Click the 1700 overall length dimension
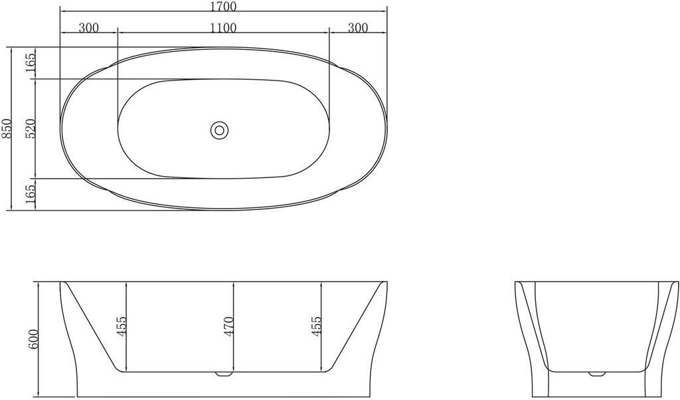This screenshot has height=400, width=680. [x=224, y=6]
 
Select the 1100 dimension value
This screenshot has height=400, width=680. [x=223, y=28]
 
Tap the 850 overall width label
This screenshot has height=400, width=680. [x=6, y=128]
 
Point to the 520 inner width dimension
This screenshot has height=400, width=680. [x=31, y=128]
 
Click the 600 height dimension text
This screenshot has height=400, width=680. [x=33, y=340]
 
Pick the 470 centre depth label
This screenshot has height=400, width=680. [x=228, y=326]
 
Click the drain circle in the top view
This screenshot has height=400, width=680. [x=219, y=130]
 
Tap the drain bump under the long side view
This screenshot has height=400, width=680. [x=224, y=373]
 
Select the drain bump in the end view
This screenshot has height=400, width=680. [x=597, y=373]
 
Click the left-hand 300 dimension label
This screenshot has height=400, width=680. [x=89, y=28]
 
